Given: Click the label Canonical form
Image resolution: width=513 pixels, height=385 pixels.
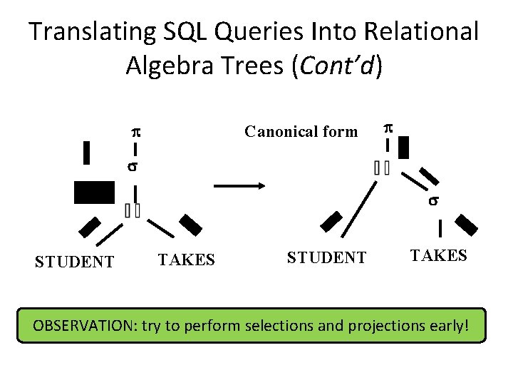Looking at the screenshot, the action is pyautogui.click(x=301, y=131).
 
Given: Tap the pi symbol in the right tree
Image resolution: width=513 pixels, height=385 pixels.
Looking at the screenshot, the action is pyautogui.click(x=388, y=128).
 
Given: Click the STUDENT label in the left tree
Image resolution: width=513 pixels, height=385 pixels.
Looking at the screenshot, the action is pyautogui.click(x=74, y=262).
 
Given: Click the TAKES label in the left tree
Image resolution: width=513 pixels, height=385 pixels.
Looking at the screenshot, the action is pyautogui.click(x=186, y=260).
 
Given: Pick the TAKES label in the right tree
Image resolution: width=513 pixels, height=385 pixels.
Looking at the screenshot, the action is pyautogui.click(x=438, y=255).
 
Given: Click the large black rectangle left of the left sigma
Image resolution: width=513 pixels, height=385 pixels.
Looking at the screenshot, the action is pyautogui.click(x=93, y=192).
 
